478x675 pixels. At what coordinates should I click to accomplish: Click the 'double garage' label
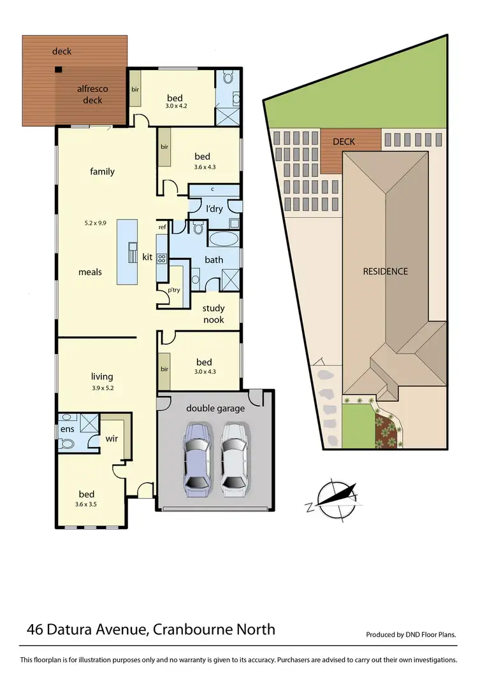215,408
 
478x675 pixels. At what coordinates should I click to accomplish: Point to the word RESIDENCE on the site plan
385,271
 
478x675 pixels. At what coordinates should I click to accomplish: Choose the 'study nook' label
214,314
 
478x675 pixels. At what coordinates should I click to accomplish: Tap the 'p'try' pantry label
174,290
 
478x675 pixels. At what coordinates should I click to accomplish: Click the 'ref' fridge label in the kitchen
162,227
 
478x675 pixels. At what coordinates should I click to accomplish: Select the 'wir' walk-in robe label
111,439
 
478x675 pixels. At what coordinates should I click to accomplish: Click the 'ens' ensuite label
68,429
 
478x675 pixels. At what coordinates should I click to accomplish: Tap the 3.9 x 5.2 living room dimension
102,387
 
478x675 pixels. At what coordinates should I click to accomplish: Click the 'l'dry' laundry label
214,209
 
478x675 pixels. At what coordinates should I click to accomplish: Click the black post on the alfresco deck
58,70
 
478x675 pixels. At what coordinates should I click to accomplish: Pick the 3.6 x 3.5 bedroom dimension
87,504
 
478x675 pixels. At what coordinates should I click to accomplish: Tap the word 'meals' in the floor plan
91,272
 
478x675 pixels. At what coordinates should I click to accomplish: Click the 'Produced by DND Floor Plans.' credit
411,635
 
